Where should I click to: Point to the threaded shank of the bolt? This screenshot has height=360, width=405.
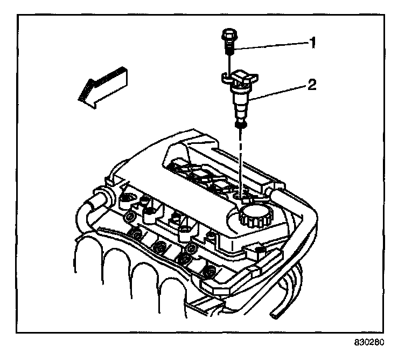point(229,50)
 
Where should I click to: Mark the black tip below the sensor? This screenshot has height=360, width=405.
point(240,125)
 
